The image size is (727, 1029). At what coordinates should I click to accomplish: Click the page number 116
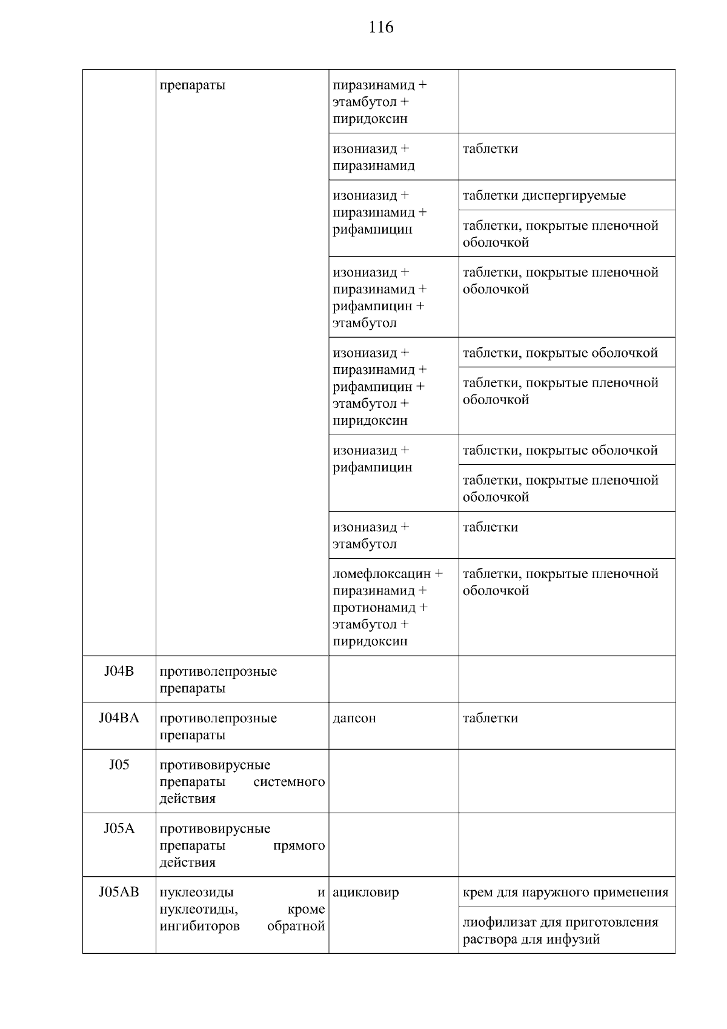(x=381, y=27)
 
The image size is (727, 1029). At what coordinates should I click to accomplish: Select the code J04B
(x=119, y=671)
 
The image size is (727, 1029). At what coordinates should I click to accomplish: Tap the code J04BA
(x=119, y=718)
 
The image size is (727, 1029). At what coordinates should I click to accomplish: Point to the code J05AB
(x=119, y=891)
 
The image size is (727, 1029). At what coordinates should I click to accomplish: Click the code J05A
(x=119, y=828)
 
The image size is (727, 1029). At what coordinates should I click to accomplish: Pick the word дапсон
(x=354, y=718)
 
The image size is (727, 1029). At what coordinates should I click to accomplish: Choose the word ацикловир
(x=366, y=892)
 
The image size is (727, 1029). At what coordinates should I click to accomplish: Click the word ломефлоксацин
(x=382, y=573)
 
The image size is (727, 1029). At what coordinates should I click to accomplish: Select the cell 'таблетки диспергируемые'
(x=544, y=196)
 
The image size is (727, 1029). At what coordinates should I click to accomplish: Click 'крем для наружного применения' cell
(x=565, y=892)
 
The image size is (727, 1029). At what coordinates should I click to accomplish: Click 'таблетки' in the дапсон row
(x=490, y=718)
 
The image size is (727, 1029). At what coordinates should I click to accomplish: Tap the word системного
(x=289, y=782)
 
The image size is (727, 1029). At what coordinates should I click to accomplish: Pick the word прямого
(x=299, y=845)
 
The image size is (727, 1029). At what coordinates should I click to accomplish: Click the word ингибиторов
(x=199, y=926)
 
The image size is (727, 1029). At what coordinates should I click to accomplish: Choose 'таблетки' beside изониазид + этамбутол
(x=490, y=527)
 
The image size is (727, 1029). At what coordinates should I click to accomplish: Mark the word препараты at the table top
(x=192, y=85)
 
